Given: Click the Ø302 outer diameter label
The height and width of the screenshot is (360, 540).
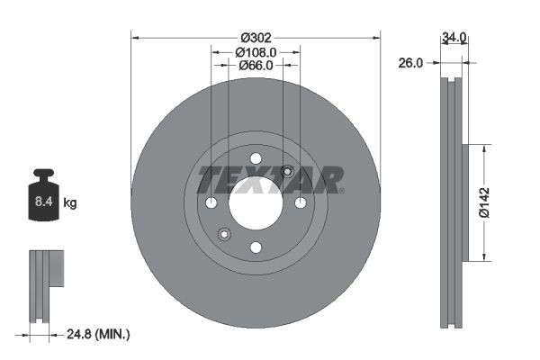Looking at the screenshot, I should pos(256,38).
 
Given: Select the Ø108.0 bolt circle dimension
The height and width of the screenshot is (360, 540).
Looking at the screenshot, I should pos(256,52).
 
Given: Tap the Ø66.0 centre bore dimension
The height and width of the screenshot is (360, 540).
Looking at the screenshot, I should pos(256,66).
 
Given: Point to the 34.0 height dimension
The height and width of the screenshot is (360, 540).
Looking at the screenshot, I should pos(454,38).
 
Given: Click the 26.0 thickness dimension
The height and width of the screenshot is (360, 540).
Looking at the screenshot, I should pos(411,63).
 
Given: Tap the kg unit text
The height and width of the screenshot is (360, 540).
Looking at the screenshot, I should pos(70,203).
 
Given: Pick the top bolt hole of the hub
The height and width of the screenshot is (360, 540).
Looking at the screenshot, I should pos(256,158).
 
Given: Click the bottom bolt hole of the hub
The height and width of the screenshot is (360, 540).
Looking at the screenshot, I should pos(256,247).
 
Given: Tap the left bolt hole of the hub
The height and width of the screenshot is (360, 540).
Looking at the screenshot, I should pos(211,202).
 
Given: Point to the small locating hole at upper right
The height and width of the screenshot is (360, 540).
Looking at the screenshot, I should pos(287,172).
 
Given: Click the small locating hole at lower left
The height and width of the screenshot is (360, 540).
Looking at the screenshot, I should pos(224,234).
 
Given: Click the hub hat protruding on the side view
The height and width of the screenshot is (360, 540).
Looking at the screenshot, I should pos(465,202).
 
